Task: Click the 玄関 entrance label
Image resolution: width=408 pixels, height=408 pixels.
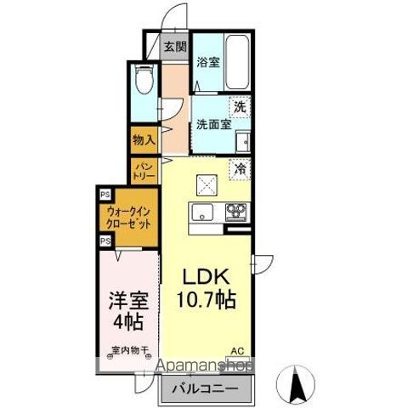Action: click(175, 46)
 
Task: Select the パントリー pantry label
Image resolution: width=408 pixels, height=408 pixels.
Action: click(142, 172)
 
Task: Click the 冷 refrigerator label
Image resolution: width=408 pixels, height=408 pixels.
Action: click(241, 168)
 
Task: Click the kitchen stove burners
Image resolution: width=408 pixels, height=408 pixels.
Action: click(235, 212)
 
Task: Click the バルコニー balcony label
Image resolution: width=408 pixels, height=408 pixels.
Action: click(207, 389)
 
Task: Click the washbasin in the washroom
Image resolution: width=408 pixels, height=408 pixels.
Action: click(242, 139)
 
